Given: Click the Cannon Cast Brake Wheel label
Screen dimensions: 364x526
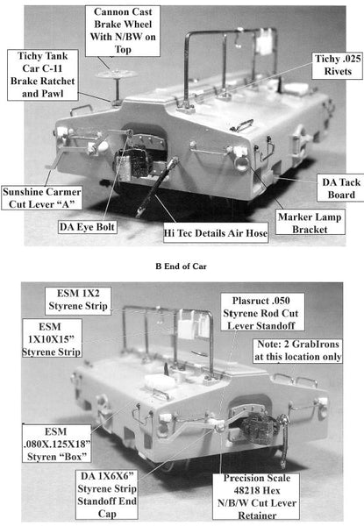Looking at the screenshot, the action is pos(123,31).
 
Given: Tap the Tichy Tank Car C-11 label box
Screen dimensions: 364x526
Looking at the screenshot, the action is pos(43,75).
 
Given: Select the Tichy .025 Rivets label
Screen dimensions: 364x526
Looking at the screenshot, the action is pos(337,65).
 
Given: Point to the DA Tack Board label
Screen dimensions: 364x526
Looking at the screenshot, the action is pos(341,188).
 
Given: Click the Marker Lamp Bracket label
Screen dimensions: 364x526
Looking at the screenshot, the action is pos(310,223).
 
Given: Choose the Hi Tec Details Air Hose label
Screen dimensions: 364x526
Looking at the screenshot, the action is pos(216,233).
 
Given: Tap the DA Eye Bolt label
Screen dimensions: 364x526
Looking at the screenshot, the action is pos(87,227).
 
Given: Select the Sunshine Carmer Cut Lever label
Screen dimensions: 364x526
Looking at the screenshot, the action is pos(41,198).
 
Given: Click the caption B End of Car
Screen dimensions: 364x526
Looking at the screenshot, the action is pos(182,267).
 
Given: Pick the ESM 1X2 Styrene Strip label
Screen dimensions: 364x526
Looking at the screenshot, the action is pos(78,300).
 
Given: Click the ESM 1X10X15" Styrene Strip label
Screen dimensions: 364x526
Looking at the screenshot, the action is pos(52,338).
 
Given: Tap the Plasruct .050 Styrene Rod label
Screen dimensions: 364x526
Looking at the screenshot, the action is pos(261,313).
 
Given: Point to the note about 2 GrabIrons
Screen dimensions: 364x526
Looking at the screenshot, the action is pos(297,351).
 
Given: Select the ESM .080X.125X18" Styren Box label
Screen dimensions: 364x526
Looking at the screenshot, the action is pos(57,444).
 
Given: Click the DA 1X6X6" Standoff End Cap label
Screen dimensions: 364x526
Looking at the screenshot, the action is pos(107,494).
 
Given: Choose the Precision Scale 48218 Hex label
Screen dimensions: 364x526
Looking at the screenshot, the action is pos(257,496).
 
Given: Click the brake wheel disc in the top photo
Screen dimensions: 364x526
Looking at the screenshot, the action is pos(117,75).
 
